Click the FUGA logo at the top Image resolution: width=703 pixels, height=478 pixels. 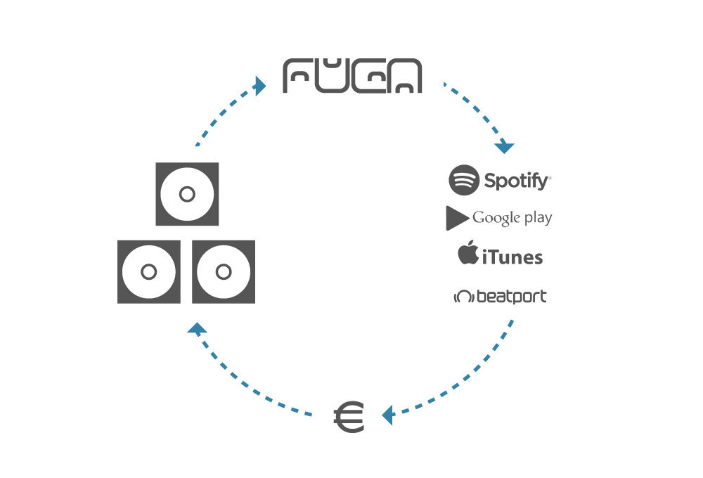point(352,76)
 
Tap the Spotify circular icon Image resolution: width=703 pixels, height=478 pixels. point(464,180)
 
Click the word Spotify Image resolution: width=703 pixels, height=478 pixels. point(517,181)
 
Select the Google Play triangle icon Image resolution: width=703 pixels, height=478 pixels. point(456,219)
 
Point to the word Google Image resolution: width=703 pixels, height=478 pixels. point(496,218)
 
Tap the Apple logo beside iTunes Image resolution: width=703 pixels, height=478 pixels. point(468,254)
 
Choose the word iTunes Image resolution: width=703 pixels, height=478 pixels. point(512,257)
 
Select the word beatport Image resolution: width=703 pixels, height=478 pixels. point(511,297)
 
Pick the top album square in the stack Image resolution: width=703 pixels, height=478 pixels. point(187,194)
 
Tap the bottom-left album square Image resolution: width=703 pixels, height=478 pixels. point(149,272)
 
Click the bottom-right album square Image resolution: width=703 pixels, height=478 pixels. point(224,272)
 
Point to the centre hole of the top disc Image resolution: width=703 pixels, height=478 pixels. point(187,194)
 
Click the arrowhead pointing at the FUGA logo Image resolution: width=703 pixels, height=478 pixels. point(260,86)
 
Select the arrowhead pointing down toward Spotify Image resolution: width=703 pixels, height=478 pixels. point(505,148)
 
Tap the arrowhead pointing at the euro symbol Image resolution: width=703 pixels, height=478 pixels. point(387,415)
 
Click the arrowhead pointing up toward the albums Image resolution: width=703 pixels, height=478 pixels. point(198,328)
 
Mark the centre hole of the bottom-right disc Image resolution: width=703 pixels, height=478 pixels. point(224,272)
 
